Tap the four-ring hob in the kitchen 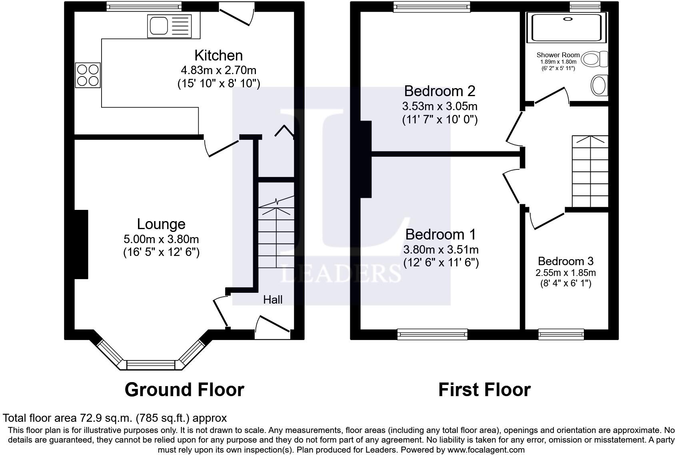click(88, 75)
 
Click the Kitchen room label click(218, 55)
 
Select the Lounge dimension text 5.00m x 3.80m click(161, 240)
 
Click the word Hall click(273, 300)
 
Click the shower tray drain click(567, 19)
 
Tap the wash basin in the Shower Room click(599, 85)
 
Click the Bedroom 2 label click(439, 91)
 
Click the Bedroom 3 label click(565, 261)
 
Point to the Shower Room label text click(558, 55)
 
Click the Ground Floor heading click(184, 389)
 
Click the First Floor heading click(484, 389)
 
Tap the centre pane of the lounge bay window click(151, 365)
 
